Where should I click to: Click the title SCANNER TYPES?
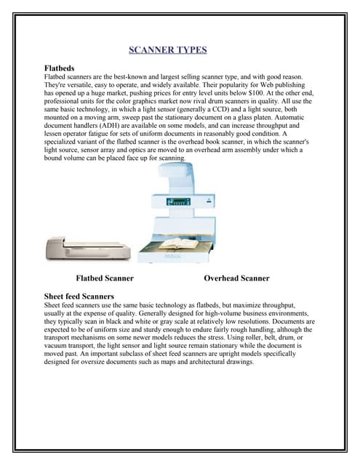[168, 50]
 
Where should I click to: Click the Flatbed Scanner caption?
[104, 278]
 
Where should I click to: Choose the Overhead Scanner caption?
[236, 278]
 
